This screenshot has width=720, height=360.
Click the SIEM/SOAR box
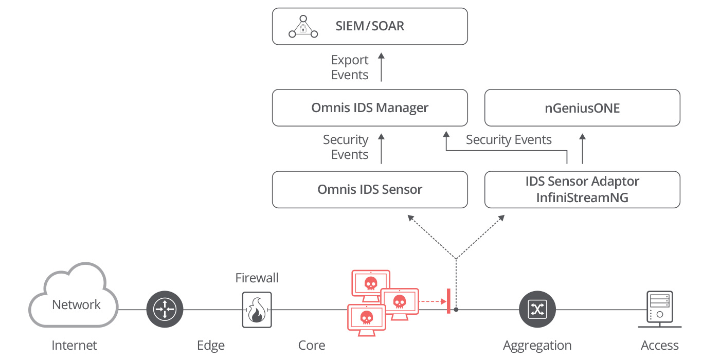coord(370,26)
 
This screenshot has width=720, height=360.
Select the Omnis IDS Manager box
coord(370,108)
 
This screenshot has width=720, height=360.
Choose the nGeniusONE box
coord(582,108)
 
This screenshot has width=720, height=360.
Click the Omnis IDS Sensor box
coord(370,190)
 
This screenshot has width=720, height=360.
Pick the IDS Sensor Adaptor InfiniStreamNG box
coord(582,190)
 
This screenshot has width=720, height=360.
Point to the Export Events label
coord(350,67)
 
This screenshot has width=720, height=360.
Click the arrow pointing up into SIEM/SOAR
coord(381,67)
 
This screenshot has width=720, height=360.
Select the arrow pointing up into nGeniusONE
coord(582,149)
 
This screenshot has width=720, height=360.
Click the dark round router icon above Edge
coord(165,309)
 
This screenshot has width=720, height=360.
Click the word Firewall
coord(257,278)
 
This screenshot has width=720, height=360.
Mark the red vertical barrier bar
coord(448,301)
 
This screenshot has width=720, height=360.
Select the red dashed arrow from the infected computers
coord(432,302)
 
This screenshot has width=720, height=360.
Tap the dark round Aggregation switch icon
coord(537,309)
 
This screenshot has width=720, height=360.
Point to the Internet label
coord(74,346)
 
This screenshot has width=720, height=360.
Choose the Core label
coord(312,346)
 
